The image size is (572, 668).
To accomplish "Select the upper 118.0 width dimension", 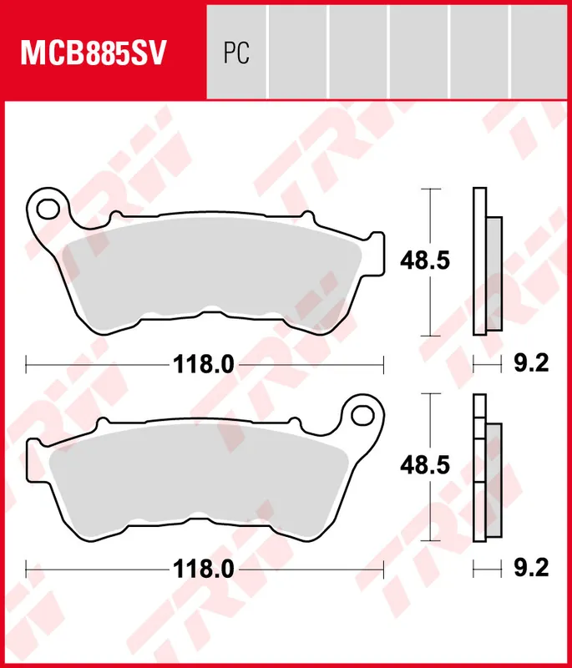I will [x=204, y=364].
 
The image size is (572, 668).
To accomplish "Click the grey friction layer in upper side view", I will [x=494, y=272].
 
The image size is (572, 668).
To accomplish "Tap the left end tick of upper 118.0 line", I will [x=27, y=364].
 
